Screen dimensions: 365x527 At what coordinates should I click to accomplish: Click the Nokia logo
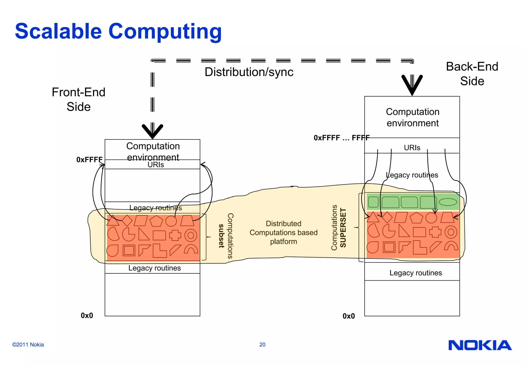tap(480, 345)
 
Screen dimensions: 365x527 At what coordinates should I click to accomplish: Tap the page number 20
tap(262, 345)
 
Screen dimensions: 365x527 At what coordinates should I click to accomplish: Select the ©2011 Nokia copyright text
tap(28, 345)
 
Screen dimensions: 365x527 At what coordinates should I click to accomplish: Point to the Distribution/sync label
tap(249, 72)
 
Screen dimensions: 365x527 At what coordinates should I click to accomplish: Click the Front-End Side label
tap(78, 99)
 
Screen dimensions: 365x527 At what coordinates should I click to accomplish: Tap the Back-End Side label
tap(472, 74)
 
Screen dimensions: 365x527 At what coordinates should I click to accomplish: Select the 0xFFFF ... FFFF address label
tap(341, 138)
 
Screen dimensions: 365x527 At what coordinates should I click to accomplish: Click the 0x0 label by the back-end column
tap(348, 316)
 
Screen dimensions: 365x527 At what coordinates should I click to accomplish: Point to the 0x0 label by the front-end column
tap(87, 316)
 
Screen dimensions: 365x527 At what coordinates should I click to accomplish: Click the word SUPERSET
tap(343, 228)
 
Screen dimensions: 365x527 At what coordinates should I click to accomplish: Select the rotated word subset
tap(221, 236)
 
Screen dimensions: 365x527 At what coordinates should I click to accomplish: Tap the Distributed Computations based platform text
tap(283, 232)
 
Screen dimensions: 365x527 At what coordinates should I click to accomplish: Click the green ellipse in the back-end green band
tap(448, 202)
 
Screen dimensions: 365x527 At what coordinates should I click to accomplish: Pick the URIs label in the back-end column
tap(412, 148)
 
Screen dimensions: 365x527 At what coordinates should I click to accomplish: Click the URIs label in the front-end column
tap(156, 165)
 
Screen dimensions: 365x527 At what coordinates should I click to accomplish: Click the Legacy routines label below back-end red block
tap(416, 273)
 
